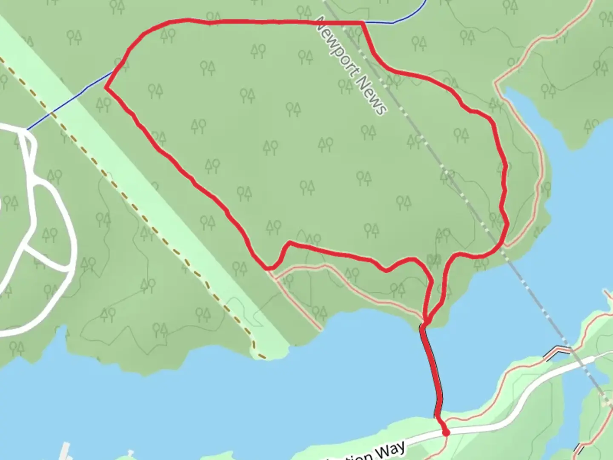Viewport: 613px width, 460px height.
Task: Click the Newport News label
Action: (352, 66)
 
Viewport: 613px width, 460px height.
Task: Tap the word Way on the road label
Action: (389, 450)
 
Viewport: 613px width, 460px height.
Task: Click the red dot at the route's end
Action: (446, 433)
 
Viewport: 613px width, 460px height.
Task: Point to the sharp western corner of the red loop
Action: (106, 88)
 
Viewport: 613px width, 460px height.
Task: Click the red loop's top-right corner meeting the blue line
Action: (362, 22)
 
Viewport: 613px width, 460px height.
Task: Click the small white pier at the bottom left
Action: (65, 451)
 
